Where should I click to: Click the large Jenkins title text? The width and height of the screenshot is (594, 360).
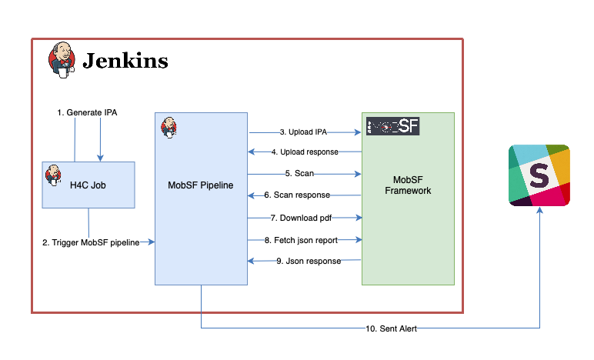point(125,61)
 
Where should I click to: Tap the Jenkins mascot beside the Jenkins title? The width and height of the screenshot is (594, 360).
point(62,60)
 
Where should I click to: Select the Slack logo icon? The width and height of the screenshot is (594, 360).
point(539,175)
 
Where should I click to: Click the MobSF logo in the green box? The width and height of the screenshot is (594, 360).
point(393,126)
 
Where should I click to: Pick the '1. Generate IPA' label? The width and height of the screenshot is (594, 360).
point(87,112)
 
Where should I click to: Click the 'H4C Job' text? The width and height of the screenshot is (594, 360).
point(88,185)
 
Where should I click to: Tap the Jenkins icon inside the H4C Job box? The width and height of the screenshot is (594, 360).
point(53,175)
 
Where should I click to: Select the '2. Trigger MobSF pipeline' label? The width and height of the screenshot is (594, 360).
point(91,242)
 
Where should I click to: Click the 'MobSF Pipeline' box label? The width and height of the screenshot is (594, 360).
point(200,185)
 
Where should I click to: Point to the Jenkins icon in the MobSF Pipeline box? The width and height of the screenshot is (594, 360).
point(169,127)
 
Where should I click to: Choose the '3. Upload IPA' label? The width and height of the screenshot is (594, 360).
point(303,132)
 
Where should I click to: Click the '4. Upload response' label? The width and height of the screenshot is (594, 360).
point(305,152)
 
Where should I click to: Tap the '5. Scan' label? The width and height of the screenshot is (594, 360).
point(299,173)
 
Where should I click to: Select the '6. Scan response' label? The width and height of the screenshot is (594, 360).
point(297,195)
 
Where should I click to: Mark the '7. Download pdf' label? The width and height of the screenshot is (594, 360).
point(301,218)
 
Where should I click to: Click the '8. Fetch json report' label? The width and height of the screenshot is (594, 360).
point(301,240)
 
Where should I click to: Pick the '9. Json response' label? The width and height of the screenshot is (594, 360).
point(309,261)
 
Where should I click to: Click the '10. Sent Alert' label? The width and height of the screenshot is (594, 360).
point(391,328)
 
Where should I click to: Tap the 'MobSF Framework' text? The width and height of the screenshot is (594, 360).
point(408,185)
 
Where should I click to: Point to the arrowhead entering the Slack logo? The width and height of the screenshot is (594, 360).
point(540,210)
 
